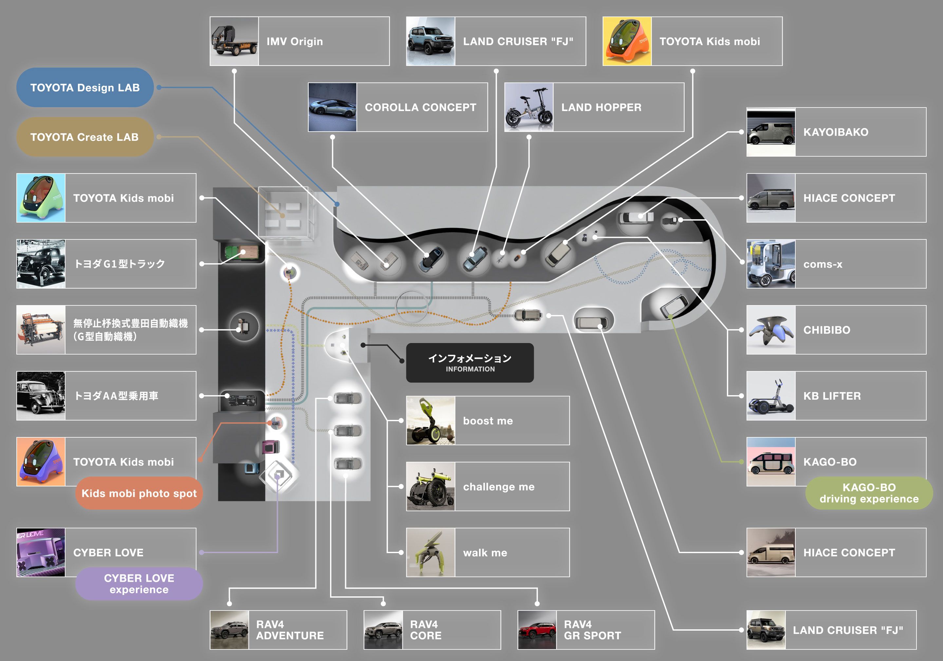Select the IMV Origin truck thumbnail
[234, 41]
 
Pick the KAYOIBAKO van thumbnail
[770, 132]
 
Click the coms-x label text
[823, 264]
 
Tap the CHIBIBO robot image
[770, 330]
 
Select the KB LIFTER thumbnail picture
[770, 396]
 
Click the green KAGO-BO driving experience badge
[869, 493]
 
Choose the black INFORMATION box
[470, 363]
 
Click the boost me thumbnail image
[431, 420]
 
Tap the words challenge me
[499, 487]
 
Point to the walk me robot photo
[431, 552]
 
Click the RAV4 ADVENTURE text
[289, 630]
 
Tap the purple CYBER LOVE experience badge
[139, 583]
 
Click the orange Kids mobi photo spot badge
[139, 493]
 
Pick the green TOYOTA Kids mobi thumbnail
[41, 198]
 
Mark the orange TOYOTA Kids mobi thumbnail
[627, 41]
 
